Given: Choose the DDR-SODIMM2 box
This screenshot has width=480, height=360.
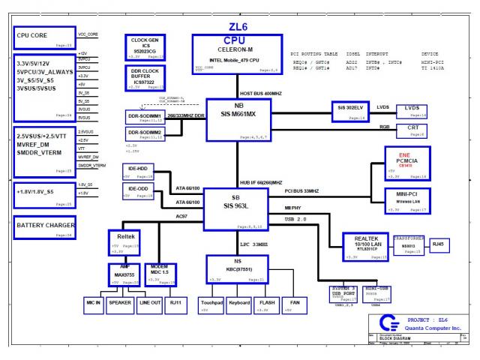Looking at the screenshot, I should pos(145,133).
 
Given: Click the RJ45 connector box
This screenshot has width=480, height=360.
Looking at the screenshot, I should pos(439,244).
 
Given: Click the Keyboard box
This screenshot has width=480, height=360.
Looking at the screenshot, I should pos(238,304).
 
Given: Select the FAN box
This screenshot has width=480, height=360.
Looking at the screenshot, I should pos(295,304).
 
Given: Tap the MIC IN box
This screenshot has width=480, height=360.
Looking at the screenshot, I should pos(93,304).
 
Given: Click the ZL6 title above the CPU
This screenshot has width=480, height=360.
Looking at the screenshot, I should pos(238,26).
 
